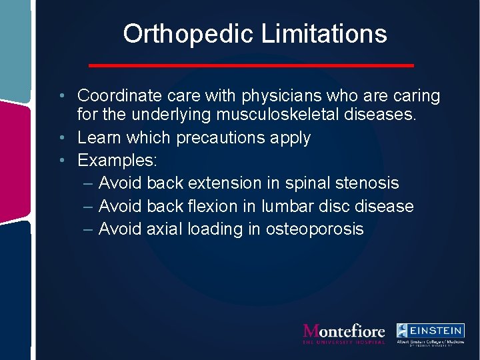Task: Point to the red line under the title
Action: coord(251,65)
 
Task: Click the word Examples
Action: coord(115,161)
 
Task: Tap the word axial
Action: coord(164,229)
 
